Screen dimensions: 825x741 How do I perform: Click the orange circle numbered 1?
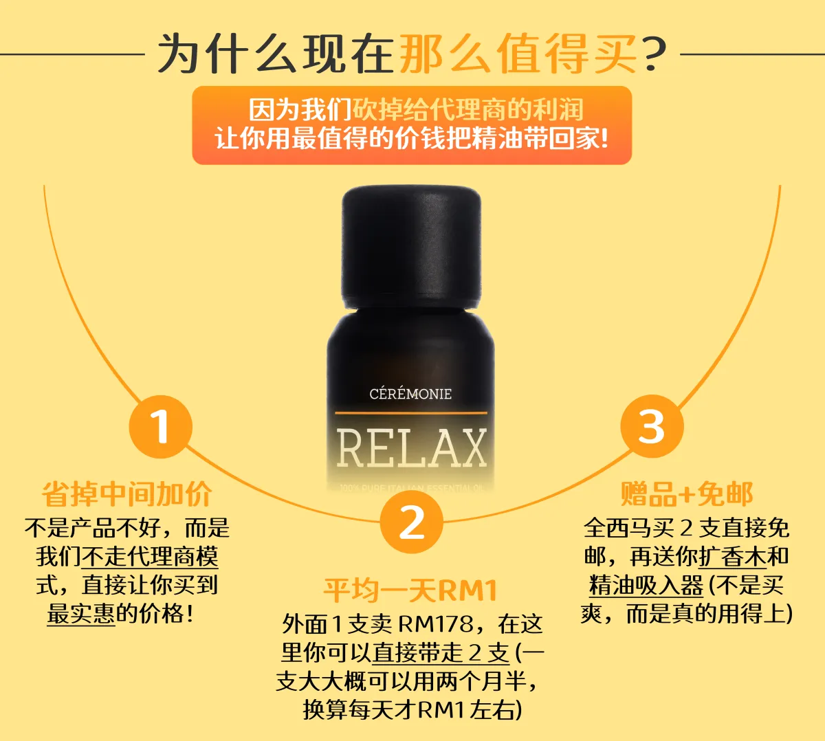[x=161, y=427]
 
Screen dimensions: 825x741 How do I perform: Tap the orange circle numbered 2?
[x=411, y=522]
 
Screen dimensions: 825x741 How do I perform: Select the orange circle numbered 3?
[x=652, y=426]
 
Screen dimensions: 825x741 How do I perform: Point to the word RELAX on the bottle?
[x=411, y=448]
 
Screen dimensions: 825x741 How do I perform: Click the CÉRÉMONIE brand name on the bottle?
[x=410, y=394]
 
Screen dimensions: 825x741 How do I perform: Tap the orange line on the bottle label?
[x=411, y=413]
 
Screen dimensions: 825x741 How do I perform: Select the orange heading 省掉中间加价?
[x=126, y=494]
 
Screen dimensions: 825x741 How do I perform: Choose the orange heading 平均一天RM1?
[x=410, y=590]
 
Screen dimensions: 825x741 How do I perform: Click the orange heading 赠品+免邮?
[x=687, y=494]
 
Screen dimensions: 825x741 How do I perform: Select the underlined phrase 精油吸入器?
[x=646, y=585]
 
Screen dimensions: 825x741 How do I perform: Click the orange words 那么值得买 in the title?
[x=518, y=54]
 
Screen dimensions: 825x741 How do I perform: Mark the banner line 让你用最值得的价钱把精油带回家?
[x=412, y=138]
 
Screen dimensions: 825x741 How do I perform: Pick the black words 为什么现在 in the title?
[x=275, y=54]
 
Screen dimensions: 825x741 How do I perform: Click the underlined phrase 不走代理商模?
[x=150, y=556]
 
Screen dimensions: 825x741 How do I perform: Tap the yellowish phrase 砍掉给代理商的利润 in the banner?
[x=468, y=109]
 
